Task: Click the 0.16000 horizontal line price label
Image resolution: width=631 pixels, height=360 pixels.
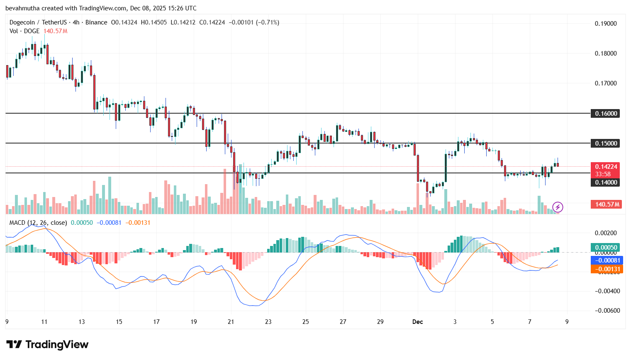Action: tap(605, 113)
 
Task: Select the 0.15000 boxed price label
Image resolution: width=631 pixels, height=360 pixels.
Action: tap(605, 143)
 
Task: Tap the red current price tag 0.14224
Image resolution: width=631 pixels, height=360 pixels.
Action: tap(605, 167)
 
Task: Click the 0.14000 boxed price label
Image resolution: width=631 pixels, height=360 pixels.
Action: tap(605, 182)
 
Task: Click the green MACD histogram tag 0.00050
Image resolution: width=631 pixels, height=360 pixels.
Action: tap(605, 247)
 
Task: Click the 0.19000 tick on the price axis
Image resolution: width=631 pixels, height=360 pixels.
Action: tap(606, 24)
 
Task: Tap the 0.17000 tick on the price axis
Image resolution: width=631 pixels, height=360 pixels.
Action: tap(606, 83)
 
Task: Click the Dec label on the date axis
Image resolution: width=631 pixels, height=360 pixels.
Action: tap(417, 322)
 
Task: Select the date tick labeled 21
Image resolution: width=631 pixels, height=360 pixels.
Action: tap(231, 322)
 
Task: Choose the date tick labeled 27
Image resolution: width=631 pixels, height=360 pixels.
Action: tap(343, 322)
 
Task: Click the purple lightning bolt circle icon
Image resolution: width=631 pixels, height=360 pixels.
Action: tap(558, 207)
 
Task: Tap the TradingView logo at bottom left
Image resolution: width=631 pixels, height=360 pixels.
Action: tap(47, 345)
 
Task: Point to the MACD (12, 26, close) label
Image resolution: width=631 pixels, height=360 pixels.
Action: tap(38, 223)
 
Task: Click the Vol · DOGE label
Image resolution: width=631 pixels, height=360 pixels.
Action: tap(24, 31)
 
